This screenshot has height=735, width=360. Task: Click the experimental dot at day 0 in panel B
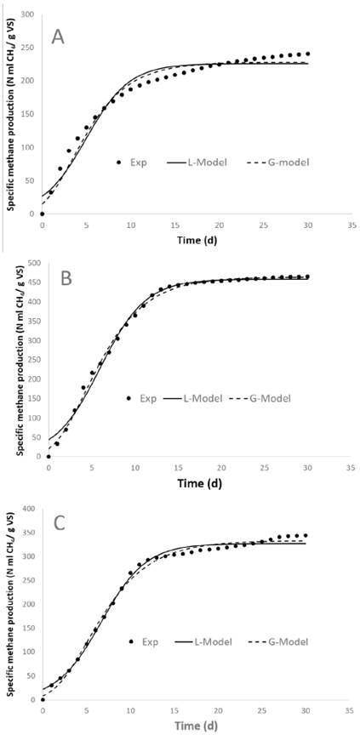pos(49,457)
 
